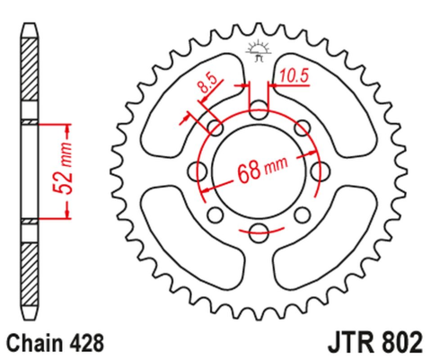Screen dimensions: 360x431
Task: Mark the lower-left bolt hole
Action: (x=215, y=215)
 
